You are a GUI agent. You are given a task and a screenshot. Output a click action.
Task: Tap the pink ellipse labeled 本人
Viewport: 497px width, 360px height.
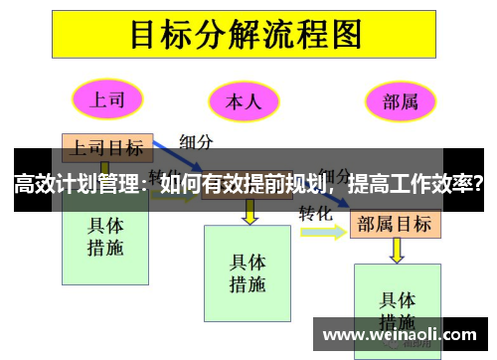243,101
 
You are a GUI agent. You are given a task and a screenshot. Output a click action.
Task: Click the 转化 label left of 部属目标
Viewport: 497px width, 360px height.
315,212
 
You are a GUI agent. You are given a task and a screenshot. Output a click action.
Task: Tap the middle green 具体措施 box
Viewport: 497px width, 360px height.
248,273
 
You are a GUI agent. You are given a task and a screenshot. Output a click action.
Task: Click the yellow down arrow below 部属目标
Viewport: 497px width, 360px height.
399,251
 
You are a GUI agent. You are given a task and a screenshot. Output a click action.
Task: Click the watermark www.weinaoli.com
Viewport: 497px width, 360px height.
398,334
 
